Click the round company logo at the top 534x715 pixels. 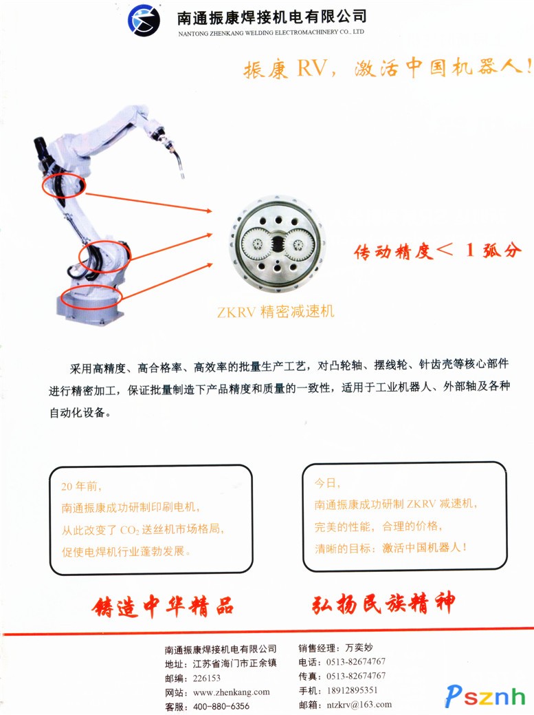(x=144, y=21)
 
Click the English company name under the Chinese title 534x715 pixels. (x=271, y=33)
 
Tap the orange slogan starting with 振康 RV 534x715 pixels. (x=388, y=68)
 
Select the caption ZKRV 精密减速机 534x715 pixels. (x=276, y=312)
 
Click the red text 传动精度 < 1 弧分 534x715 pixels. (x=438, y=250)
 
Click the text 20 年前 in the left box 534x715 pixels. (x=81, y=487)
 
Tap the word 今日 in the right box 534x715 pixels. (x=327, y=483)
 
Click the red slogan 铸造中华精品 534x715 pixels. (x=163, y=606)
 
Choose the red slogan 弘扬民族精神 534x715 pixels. (x=383, y=604)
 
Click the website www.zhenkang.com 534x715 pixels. (x=232, y=692)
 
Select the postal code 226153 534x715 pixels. (x=207, y=678)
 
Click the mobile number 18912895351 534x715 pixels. (x=353, y=690)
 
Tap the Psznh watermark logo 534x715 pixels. (x=485, y=696)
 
